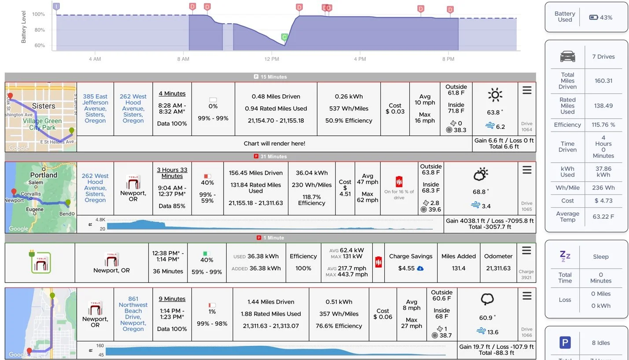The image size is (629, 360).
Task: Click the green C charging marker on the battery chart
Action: click(284, 37)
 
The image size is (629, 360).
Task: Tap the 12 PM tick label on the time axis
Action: click(272, 59)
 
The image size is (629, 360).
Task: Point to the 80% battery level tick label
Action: click(40, 30)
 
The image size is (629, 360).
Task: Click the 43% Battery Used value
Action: click(606, 18)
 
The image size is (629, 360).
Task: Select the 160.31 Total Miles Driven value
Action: click(603, 81)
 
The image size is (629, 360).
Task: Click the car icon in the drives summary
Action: click(567, 56)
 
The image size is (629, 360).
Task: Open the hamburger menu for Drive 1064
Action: click(527, 90)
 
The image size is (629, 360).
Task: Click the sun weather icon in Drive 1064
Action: click(495, 95)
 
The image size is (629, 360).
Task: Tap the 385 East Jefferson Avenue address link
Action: click(95, 108)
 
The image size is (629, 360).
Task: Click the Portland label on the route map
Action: click(44, 175)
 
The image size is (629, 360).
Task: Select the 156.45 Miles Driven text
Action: click(256, 173)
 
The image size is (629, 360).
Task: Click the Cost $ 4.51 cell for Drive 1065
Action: click(345, 188)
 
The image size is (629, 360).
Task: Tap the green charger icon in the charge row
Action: click(40, 262)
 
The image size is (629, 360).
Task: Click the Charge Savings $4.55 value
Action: click(406, 268)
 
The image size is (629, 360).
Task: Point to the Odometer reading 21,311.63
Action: click(498, 268)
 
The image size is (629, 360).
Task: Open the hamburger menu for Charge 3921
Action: click(526, 250)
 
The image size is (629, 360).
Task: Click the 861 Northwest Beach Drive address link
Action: click(133, 314)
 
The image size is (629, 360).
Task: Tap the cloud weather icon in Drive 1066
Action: click(487, 299)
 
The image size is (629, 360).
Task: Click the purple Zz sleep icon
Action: click(565, 256)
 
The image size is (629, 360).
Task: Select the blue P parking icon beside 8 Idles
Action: click(565, 342)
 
